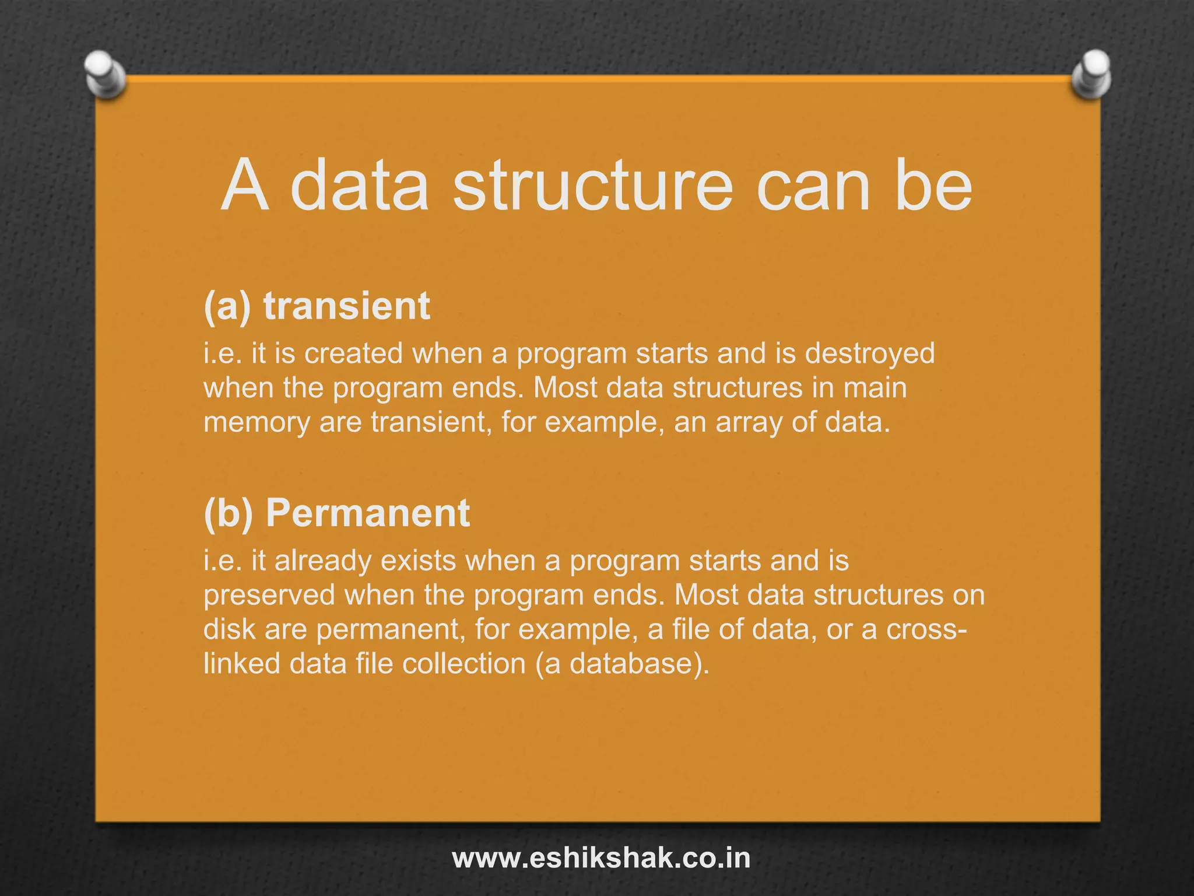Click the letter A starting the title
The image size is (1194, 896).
point(245,186)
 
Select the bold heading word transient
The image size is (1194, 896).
point(346,306)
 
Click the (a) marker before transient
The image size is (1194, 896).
point(227,306)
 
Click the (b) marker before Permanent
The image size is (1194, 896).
point(229,513)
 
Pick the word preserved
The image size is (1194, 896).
point(269,596)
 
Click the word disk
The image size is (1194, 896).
point(229,629)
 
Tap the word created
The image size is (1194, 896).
point(353,353)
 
